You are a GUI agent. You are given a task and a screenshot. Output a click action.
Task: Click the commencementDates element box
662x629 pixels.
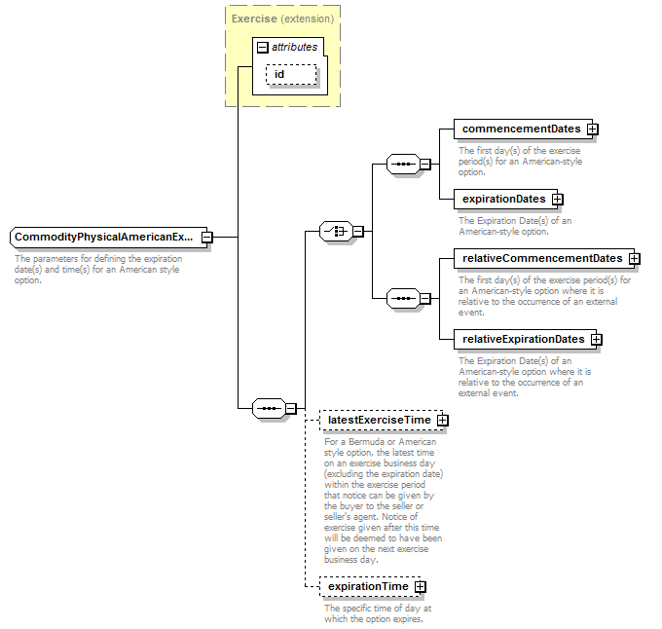pyautogui.click(x=523, y=129)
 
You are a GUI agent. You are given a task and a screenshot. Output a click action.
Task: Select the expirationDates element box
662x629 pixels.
pyautogui.click(x=506, y=199)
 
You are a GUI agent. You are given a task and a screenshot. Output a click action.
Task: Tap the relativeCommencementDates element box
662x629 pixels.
pyautogui.click(x=544, y=258)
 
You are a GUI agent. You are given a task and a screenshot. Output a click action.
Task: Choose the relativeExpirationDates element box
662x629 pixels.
pyautogui.click(x=525, y=339)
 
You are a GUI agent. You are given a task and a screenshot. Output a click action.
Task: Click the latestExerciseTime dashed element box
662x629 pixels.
pyautogui.click(x=382, y=420)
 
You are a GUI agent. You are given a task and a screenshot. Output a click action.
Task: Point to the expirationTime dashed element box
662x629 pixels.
pyautogui.click(x=370, y=586)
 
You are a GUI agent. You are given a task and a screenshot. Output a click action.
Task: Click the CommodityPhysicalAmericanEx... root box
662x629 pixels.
pyautogui.click(x=108, y=238)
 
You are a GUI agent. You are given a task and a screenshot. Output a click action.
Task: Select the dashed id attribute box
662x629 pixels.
pyautogui.click(x=291, y=74)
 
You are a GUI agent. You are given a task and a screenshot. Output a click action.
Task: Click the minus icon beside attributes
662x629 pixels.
pyautogui.click(x=262, y=48)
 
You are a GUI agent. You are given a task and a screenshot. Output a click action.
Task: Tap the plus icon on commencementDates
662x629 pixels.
pyautogui.click(x=593, y=129)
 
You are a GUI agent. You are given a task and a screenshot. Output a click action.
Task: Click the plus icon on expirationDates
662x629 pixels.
pyautogui.click(x=558, y=200)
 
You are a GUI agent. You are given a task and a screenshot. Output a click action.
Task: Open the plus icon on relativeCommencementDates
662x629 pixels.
pyautogui.click(x=635, y=259)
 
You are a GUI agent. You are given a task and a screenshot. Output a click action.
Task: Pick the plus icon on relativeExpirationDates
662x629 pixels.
pyautogui.click(x=597, y=340)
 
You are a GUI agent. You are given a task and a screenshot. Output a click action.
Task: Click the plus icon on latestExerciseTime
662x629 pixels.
pyautogui.click(x=442, y=420)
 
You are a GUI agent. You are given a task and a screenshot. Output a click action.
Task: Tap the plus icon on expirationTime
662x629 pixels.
pyautogui.click(x=421, y=587)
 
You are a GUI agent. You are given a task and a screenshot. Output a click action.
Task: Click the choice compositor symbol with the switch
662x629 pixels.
pyautogui.click(x=336, y=232)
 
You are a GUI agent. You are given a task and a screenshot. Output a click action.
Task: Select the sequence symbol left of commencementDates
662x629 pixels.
pyautogui.click(x=403, y=165)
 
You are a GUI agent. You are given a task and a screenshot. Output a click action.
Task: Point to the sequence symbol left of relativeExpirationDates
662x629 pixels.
pyautogui.click(x=403, y=299)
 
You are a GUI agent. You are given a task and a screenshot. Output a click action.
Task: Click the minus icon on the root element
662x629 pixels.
pyautogui.click(x=206, y=238)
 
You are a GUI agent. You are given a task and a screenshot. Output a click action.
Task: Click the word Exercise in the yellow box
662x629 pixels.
pyautogui.click(x=254, y=19)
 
